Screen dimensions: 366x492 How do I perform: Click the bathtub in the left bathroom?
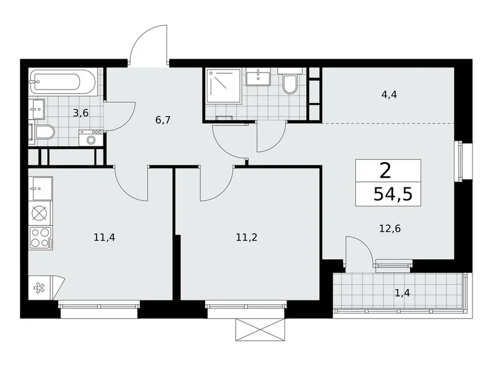pyautogui.click(x=63, y=82)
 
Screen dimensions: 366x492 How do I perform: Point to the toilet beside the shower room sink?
pyautogui.click(x=290, y=83)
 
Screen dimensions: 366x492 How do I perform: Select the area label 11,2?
pyautogui.click(x=247, y=238)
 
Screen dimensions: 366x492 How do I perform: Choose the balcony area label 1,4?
pyautogui.click(x=401, y=292)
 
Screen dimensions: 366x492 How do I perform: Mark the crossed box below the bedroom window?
pyautogui.click(x=260, y=329)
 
